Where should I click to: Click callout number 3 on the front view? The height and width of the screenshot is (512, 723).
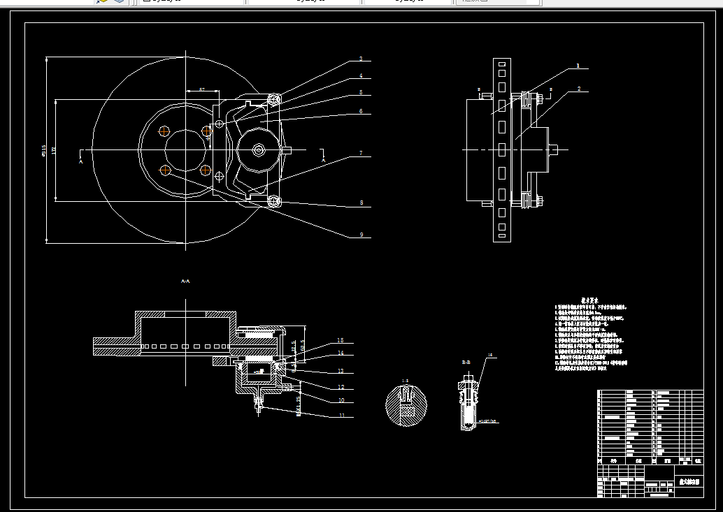pyautogui.click(x=361, y=59)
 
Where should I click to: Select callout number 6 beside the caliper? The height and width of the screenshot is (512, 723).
pyautogui.click(x=361, y=111)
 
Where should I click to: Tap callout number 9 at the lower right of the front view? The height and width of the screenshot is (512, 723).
pyautogui.click(x=361, y=235)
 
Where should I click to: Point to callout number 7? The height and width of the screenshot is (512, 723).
pyautogui.click(x=361, y=152)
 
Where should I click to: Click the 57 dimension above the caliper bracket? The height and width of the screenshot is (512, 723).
pyautogui.click(x=201, y=89)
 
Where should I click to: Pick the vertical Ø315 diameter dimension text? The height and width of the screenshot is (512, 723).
pyautogui.click(x=44, y=150)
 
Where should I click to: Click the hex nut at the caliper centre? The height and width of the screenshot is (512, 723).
pyautogui.click(x=259, y=149)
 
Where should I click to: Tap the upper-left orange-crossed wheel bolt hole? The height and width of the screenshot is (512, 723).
pyautogui.click(x=165, y=131)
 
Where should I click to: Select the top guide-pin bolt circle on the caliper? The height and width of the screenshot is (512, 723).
pyautogui.click(x=273, y=98)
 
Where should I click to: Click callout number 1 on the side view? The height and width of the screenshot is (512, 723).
pyautogui.click(x=578, y=66)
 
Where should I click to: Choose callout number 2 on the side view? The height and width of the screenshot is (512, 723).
pyautogui.click(x=579, y=89)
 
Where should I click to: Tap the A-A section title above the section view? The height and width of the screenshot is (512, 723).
pyautogui.click(x=185, y=281)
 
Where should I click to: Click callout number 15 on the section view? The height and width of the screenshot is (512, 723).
pyautogui.click(x=341, y=340)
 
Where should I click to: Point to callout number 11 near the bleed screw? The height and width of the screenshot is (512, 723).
pyautogui.click(x=341, y=416)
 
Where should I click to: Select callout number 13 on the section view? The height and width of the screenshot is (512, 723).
pyautogui.click(x=341, y=371)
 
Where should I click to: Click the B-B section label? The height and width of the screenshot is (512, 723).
pyautogui.click(x=466, y=363)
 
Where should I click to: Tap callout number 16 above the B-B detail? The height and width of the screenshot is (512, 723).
pyautogui.click(x=490, y=356)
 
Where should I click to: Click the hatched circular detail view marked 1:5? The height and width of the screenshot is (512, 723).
pyautogui.click(x=405, y=404)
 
